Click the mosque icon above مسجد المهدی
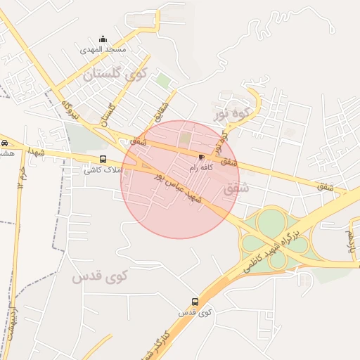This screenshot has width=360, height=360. click(x=103, y=39)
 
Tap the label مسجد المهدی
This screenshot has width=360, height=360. click(x=103, y=50)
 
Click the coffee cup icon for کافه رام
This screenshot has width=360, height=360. click(x=202, y=157)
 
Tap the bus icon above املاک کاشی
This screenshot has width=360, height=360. click(x=103, y=159)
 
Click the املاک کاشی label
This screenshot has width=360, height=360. click(x=103, y=170)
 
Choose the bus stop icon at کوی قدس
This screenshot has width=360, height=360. click(x=195, y=302)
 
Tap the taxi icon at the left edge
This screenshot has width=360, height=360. click(x=5, y=141)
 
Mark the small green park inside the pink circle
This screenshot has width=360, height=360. click(x=185, y=138)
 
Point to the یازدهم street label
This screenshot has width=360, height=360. click(x=351, y=241)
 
